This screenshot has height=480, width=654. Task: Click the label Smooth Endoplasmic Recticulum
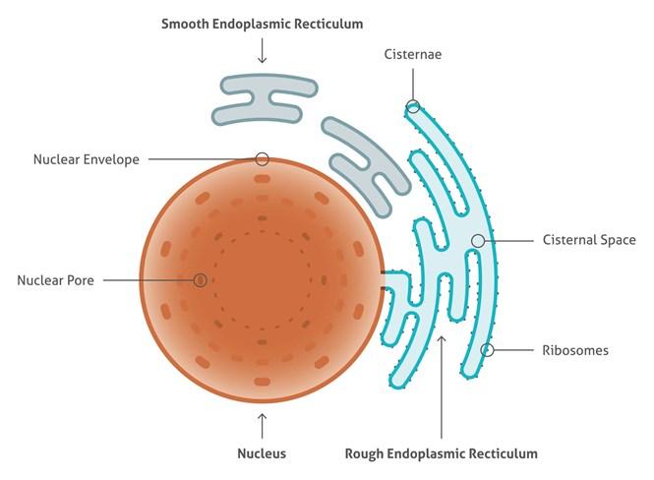262,24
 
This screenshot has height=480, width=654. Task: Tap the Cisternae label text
412,54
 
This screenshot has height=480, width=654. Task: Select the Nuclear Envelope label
87,159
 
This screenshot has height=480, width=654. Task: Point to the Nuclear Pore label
55,280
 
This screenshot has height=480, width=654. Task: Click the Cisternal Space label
589,240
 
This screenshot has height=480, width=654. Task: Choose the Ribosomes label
575,350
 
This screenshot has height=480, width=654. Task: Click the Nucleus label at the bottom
262,453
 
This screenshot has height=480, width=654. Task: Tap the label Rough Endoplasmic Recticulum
442,453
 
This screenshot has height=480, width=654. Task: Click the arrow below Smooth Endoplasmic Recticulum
262,50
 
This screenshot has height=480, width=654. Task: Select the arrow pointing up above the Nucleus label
262,426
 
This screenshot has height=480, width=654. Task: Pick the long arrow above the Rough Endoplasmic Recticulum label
442,387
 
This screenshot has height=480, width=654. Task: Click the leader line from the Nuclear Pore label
149,280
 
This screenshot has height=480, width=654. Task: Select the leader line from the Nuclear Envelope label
202,159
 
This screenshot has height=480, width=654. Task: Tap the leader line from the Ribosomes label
513,350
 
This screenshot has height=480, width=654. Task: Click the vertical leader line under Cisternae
413,85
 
